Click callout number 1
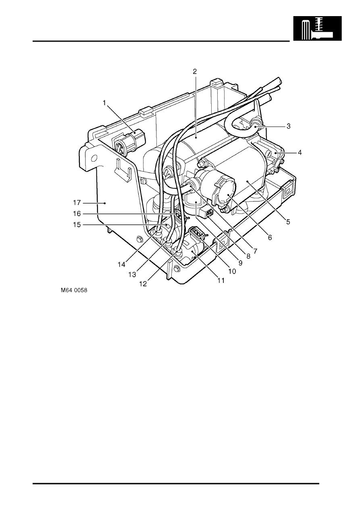click(x=104, y=103)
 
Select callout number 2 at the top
click(x=195, y=72)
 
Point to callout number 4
click(x=299, y=153)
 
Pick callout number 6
click(x=270, y=237)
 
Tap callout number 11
click(x=220, y=280)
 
